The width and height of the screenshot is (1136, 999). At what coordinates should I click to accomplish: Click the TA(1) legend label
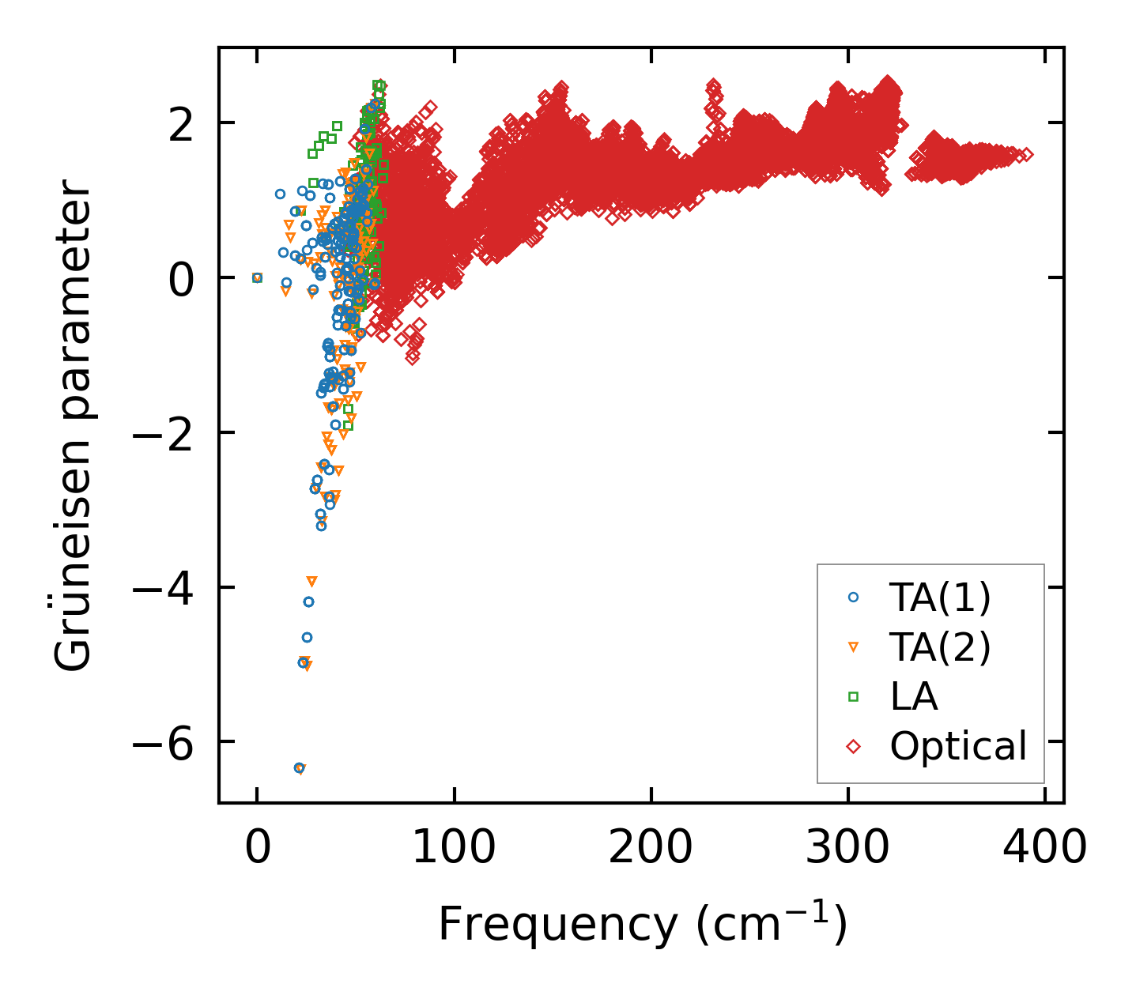pos(939,598)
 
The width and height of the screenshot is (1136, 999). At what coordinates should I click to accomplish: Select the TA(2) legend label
pos(939,647)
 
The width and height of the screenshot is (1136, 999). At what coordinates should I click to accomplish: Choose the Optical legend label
pos(958,745)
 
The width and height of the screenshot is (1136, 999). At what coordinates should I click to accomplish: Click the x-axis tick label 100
pos(454,848)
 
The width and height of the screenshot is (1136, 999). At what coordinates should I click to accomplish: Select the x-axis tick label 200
pos(651,848)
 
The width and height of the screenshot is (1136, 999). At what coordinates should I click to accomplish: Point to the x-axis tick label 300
pos(847,848)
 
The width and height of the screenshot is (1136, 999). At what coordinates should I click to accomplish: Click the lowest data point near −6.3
pos(299,767)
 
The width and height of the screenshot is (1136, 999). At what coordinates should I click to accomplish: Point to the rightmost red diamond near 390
pos(1027,155)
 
